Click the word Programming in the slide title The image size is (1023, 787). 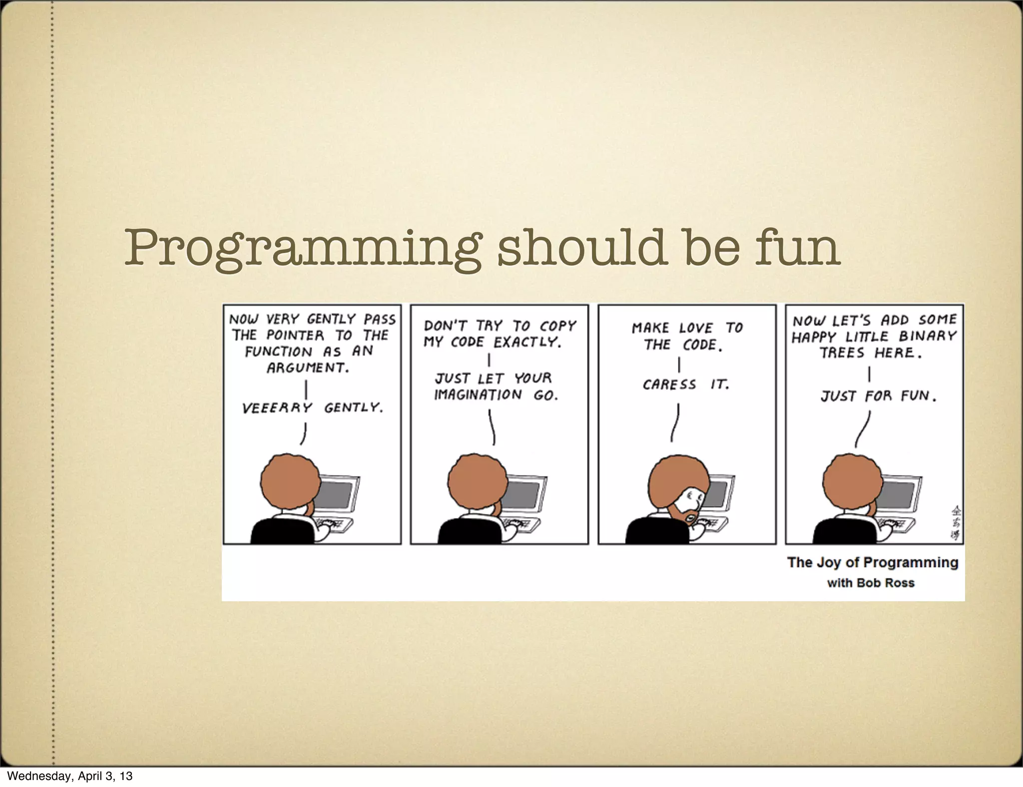pyautogui.click(x=302, y=248)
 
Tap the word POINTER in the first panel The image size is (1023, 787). pyautogui.click(x=295, y=335)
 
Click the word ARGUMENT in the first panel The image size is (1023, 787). pyautogui.click(x=308, y=368)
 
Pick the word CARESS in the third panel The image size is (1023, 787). pyautogui.click(x=669, y=385)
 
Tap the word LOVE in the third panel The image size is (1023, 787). pyautogui.click(x=696, y=328)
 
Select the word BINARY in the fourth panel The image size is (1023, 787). pyautogui.click(x=928, y=336)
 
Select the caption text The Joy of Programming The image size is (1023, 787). pyautogui.click(x=872, y=562)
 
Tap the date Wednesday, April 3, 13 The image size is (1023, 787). pyautogui.click(x=70, y=776)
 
